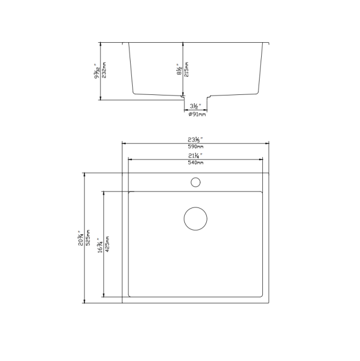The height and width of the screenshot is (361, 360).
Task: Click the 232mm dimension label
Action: coord(104,71)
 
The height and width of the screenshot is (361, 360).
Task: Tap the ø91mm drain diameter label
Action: coord(196,114)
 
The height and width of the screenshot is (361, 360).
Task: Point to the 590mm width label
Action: coord(195,146)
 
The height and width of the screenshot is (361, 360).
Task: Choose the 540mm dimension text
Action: coord(195,163)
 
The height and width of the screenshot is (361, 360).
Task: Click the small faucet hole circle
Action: coord(195,182)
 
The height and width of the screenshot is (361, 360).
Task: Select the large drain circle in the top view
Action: coord(195,218)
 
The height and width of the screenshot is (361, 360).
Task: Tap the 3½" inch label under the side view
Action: coord(195,105)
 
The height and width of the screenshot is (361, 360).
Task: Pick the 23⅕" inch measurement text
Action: coord(195,139)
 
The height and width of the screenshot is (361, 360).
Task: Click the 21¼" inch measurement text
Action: coord(195,156)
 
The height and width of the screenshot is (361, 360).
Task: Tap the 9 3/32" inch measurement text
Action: coord(96,71)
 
